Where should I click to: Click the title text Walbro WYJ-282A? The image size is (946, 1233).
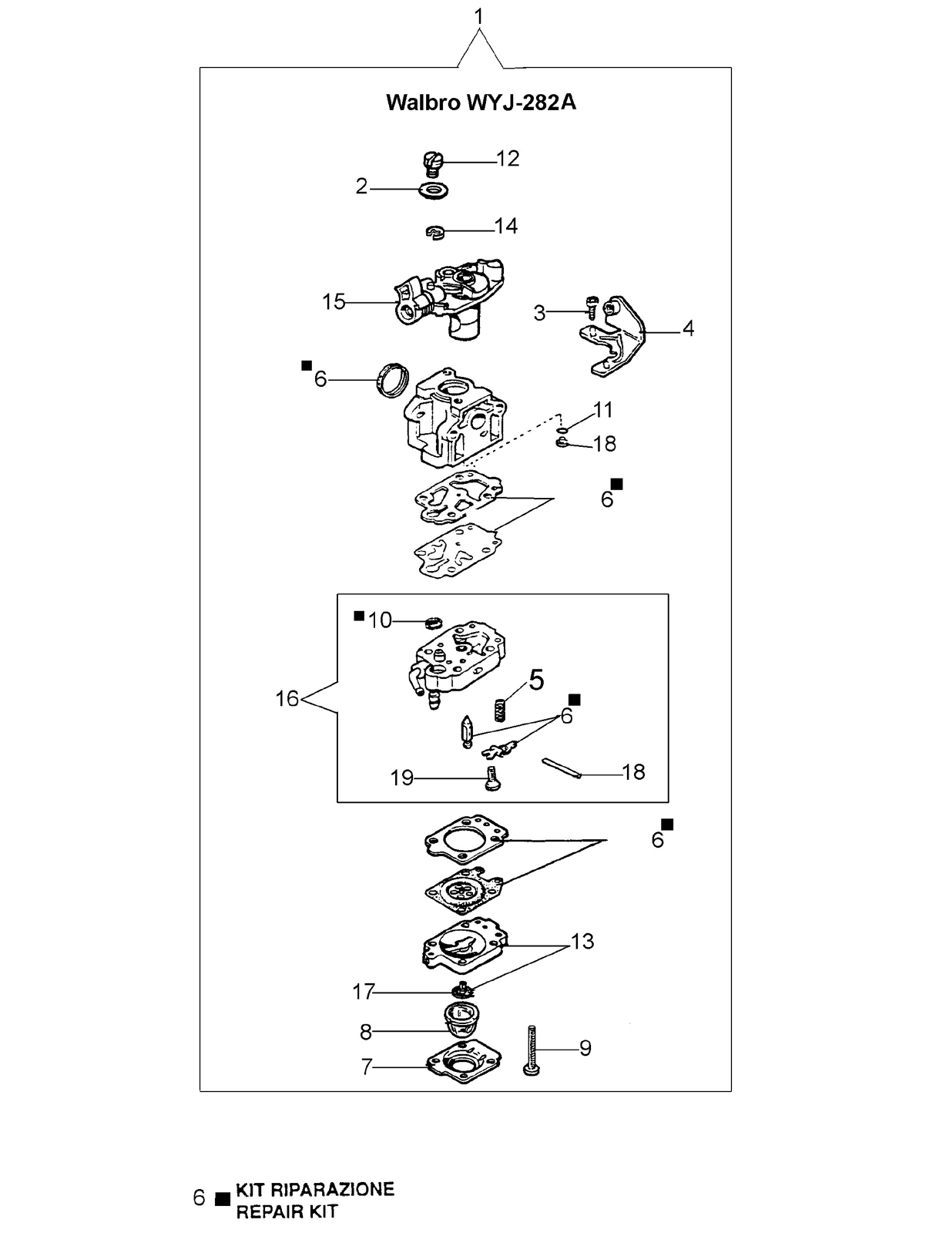tap(481, 102)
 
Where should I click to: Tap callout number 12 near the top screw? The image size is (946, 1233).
tap(508, 159)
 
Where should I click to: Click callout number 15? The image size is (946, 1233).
tap(334, 302)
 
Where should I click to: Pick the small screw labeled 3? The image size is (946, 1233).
tap(591, 307)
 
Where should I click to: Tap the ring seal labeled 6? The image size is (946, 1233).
tap(392, 378)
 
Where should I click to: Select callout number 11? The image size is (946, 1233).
tap(603, 410)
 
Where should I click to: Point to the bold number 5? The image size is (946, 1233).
tap(536, 680)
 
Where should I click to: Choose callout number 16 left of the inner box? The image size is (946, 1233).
tap(287, 698)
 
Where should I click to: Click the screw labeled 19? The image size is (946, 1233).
tap(492, 778)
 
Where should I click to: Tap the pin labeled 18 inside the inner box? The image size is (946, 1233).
tap(562, 768)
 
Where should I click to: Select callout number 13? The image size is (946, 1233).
tap(582, 942)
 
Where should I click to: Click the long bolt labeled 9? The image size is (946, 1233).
tap(532, 1050)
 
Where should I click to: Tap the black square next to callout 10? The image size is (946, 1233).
tap(359, 616)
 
